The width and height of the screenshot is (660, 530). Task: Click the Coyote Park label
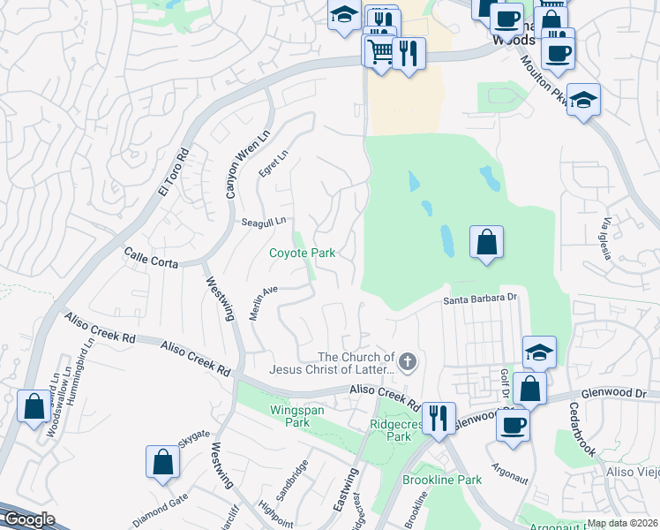tap(302, 254)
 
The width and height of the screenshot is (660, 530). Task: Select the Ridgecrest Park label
tap(391, 430)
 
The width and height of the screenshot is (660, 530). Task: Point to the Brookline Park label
tap(442, 480)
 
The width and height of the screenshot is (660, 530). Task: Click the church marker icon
tap(407, 360)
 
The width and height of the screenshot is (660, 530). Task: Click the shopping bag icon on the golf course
tap(487, 240)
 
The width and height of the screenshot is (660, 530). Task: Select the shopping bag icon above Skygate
tap(163, 461)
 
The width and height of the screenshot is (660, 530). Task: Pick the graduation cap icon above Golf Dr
tap(539, 352)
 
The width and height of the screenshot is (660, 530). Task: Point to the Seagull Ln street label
tap(264, 222)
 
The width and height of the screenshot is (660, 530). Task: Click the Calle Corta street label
tap(151, 257)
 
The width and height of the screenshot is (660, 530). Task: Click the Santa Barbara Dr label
tap(479, 299)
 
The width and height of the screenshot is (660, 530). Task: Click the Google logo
tap(27, 519)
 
